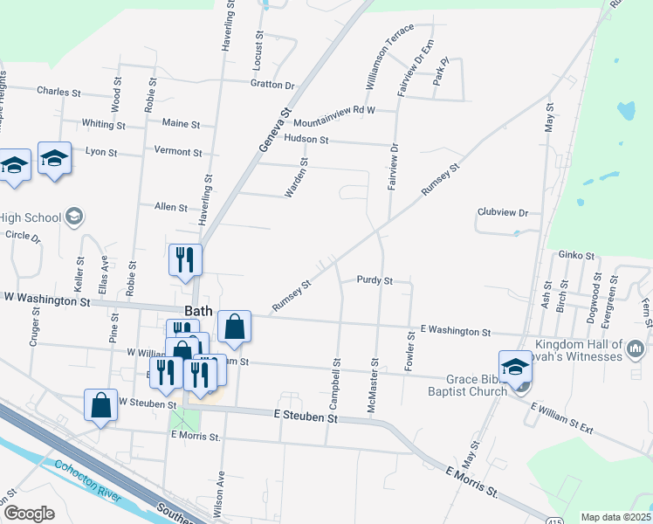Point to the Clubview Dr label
pos(504,212)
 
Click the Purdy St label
pos(375,280)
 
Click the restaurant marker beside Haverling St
pos(185,260)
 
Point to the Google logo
pos(29,514)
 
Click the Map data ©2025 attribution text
pos(616,517)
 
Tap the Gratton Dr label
pos(272,85)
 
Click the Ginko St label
pos(576,256)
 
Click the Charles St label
pos(58,91)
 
